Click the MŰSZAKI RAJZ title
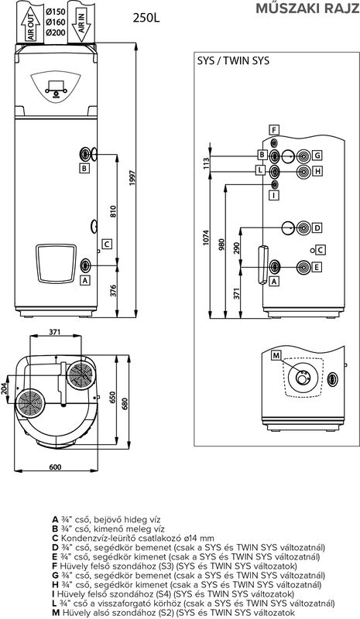(307, 8)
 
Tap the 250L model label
(146, 18)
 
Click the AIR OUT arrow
(31, 24)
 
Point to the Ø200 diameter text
(55, 32)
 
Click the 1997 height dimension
(132, 178)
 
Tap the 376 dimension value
(113, 291)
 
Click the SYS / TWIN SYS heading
(233, 60)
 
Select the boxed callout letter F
(274, 130)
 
